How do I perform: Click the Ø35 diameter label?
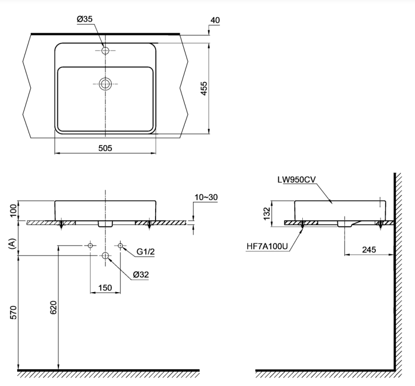point(85,19)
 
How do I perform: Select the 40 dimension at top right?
point(215,20)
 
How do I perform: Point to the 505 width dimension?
point(105,148)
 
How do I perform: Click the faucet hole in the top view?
point(105,51)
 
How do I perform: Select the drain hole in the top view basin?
point(105,83)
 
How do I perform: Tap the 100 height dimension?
point(12,210)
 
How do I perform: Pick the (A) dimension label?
point(12,243)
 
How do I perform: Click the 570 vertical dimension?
point(12,312)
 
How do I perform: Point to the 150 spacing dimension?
point(105,287)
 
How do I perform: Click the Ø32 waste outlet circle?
point(105,256)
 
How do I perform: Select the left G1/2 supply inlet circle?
point(91,245)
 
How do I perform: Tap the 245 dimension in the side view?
point(369,249)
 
